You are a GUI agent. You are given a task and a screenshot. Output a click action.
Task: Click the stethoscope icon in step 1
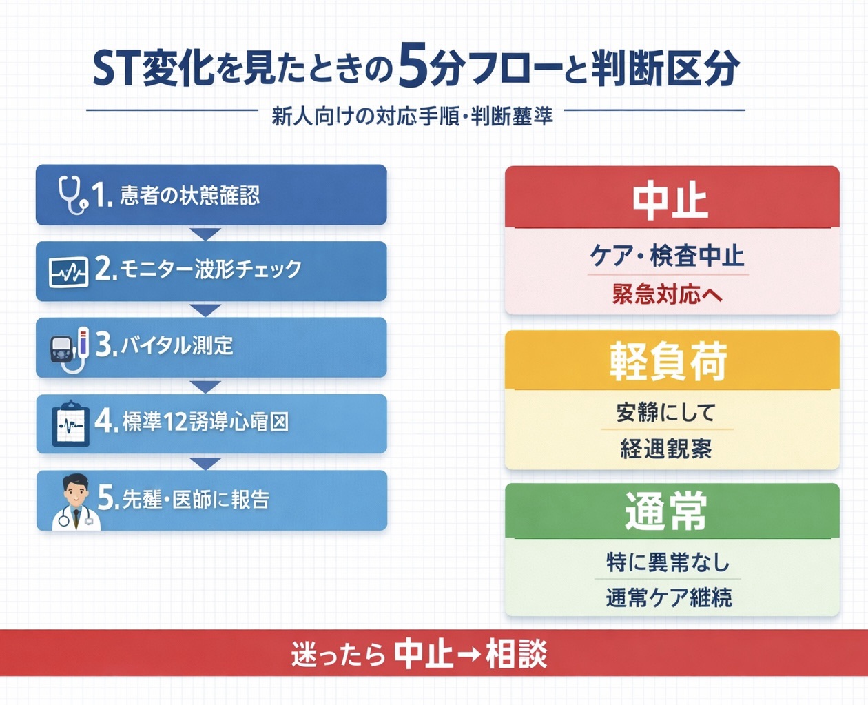click(72, 194)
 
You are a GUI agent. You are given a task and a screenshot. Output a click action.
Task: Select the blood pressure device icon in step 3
click(70, 348)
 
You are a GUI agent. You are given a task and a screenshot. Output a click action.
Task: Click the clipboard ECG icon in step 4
click(71, 424)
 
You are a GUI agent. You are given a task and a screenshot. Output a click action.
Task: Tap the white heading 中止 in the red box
click(670, 200)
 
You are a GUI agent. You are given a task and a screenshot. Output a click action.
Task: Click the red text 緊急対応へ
click(667, 294)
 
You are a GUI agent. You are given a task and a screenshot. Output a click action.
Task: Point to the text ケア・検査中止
click(667, 256)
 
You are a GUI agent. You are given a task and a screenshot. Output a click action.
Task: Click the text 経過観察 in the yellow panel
click(665, 449)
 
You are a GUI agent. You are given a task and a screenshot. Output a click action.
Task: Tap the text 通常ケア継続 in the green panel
click(668, 597)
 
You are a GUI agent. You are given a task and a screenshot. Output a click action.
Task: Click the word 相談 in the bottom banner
click(516, 653)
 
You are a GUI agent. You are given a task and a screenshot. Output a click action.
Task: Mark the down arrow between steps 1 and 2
click(205, 234)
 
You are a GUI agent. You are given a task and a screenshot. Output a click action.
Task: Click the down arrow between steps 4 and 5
click(205, 462)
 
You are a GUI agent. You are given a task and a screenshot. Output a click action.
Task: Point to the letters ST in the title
click(116, 70)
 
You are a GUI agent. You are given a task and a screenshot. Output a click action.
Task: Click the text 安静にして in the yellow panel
click(665, 412)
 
